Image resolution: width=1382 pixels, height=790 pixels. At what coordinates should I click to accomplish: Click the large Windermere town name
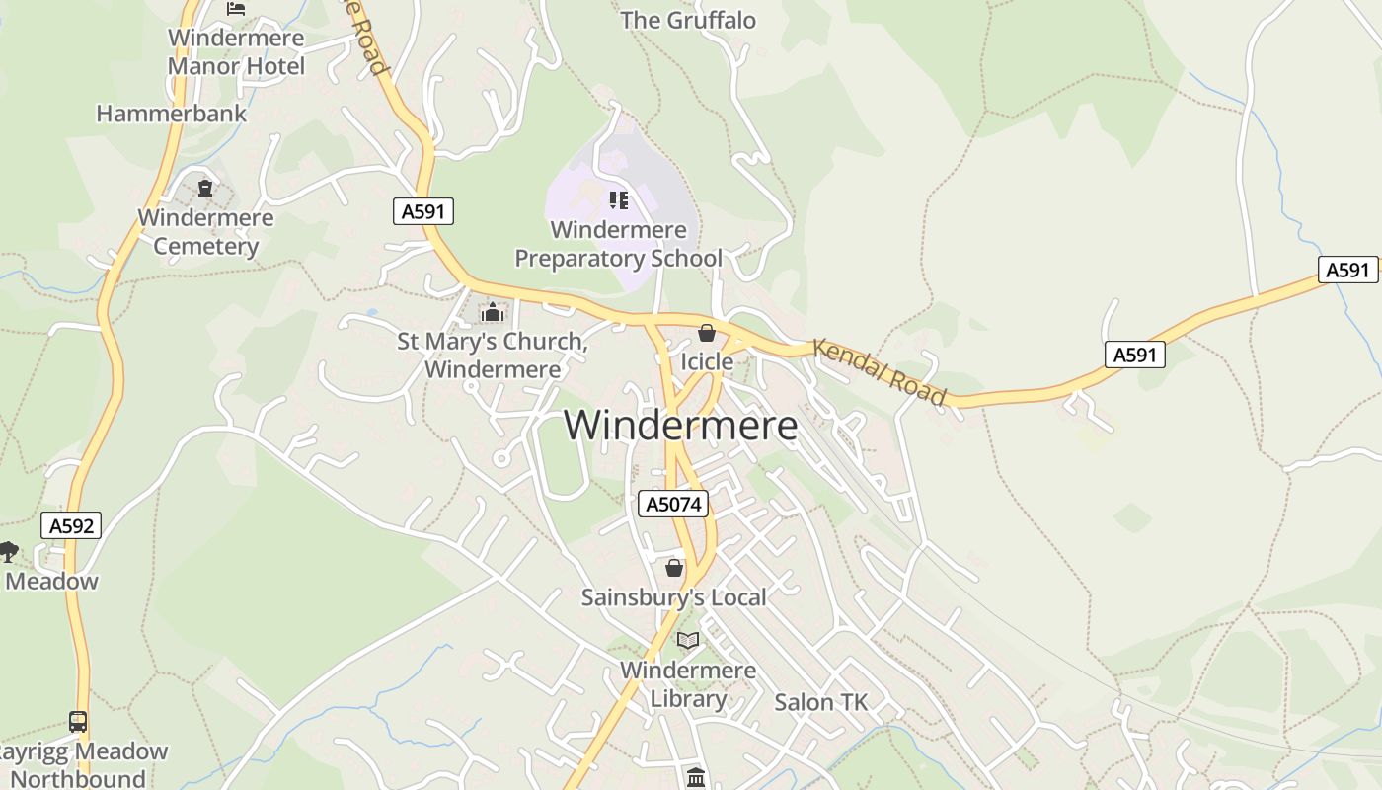[680, 426]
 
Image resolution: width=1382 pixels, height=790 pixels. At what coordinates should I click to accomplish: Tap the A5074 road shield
[674, 504]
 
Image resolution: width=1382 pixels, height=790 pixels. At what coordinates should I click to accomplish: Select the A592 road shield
[71, 525]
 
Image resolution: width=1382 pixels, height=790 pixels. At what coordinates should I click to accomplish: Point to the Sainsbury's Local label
[673, 597]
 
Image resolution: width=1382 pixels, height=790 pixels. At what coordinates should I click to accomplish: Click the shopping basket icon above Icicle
[706, 333]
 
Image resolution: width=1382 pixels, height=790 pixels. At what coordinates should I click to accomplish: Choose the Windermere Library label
[688, 684]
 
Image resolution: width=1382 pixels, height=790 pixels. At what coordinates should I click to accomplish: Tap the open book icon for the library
[688, 640]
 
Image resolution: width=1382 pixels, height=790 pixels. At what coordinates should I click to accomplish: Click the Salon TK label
[820, 702]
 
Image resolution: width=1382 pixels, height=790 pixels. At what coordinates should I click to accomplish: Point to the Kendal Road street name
[879, 371]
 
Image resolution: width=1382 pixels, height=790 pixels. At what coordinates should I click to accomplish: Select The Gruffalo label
[688, 20]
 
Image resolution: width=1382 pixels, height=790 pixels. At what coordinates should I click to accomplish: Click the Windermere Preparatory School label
[618, 244]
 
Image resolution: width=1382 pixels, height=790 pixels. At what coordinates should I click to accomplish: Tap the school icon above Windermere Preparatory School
[619, 200]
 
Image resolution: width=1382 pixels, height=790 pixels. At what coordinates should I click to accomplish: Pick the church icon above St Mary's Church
[492, 313]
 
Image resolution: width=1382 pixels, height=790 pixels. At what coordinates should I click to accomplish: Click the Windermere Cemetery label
[205, 231]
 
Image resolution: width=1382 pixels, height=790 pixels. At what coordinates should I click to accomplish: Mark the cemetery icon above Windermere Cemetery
[205, 188]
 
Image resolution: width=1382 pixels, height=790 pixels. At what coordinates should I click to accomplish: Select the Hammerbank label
[172, 114]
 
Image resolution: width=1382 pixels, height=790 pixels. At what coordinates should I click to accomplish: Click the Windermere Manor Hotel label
[237, 52]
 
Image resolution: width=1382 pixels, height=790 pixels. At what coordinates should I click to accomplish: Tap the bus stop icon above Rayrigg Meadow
[78, 722]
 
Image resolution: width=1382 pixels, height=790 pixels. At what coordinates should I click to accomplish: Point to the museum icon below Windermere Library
[695, 777]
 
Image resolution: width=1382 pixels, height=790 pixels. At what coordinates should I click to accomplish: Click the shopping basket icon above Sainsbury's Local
[674, 568]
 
